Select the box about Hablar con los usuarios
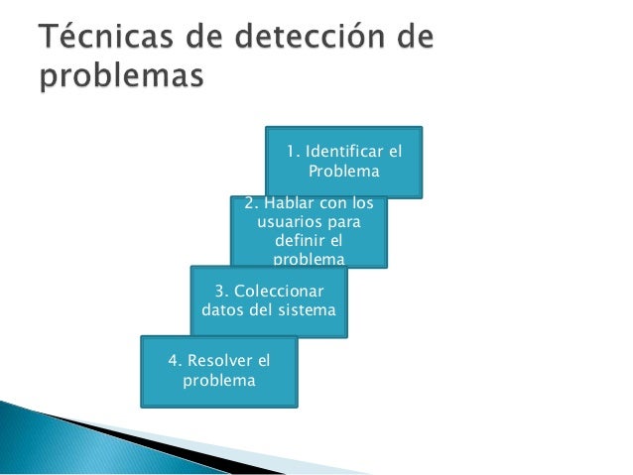point(309,231)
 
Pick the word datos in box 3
point(222,310)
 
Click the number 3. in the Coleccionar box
point(222,291)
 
